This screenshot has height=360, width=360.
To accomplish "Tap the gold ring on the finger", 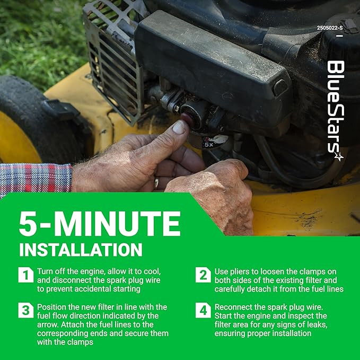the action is [156, 183].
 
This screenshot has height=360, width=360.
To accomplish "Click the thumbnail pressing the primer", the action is [179, 127].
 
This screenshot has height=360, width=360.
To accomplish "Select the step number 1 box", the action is [26, 275].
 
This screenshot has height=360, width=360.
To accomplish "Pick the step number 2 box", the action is [203, 275].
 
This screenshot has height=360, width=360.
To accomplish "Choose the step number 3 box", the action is [26, 310].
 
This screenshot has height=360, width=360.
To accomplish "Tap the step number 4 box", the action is [203, 310].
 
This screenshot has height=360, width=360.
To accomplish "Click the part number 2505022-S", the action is [330, 28].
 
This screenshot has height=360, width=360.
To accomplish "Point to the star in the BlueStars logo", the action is [339, 157].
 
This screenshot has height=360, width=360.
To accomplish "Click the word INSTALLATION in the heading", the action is [81, 250].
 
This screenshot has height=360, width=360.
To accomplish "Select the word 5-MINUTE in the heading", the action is [100, 224].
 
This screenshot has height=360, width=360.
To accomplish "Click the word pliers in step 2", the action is [239, 272].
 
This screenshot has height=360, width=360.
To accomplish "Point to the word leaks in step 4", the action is [316, 325].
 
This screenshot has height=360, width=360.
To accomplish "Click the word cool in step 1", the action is [152, 271].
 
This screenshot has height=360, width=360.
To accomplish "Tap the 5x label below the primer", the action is [209, 144].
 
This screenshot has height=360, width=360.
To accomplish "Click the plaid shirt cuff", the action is [36, 178].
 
